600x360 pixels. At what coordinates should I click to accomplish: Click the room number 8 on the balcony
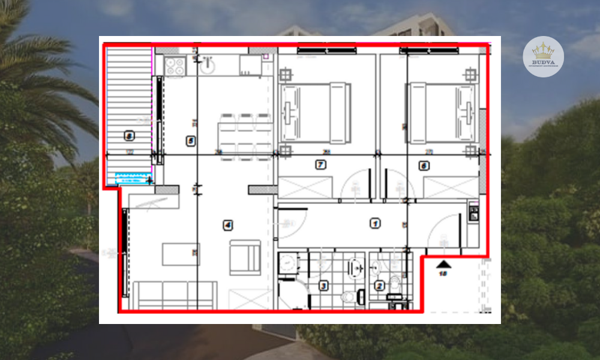pyautogui.click(x=129, y=136)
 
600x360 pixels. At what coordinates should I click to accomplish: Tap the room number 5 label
pyautogui.click(x=191, y=141)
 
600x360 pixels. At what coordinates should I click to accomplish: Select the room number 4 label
pyautogui.click(x=227, y=226)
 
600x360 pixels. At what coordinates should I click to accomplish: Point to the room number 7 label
pyautogui.click(x=320, y=164)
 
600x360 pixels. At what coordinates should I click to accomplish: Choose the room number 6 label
pyautogui.click(x=424, y=166)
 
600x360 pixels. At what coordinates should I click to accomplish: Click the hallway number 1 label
pyautogui.click(x=375, y=224)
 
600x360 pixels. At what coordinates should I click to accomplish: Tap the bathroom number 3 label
pyautogui.click(x=323, y=286)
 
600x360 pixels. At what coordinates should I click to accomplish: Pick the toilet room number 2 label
pyautogui.click(x=379, y=286)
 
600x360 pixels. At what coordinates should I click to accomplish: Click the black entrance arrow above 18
pyautogui.click(x=443, y=263)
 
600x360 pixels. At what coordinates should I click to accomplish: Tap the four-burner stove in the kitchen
pyautogui.click(x=174, y=66)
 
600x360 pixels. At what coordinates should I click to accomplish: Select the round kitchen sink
pyautogui.click(x=208, y=65)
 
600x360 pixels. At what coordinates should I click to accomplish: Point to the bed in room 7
pyautogui.click(x=315, y=113)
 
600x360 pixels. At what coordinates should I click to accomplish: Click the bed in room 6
pyautogui.click(x=442, y=113)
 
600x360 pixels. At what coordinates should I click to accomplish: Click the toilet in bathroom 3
pyautogui.click(x=347, y=297)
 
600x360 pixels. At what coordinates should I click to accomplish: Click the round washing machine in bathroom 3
pyautogui.click(x=289, y=263)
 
